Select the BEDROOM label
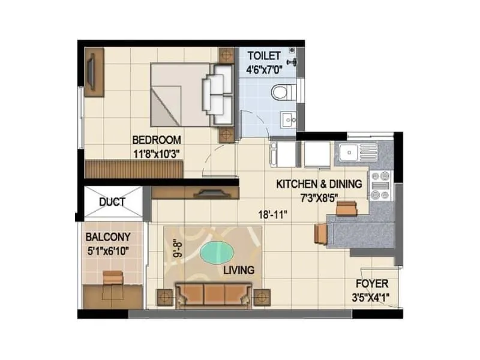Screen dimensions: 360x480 point(157,140)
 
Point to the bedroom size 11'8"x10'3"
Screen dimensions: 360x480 point(157,153)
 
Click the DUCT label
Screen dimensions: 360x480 point(112,202)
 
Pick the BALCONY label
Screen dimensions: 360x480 point(109,237)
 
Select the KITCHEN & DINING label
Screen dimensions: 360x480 point(319,184)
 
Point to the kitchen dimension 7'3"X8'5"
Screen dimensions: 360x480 point(319,197)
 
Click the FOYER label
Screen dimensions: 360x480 point(372,284)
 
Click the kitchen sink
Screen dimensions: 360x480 point(349,152)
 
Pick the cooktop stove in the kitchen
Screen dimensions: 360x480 point(380,184)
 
